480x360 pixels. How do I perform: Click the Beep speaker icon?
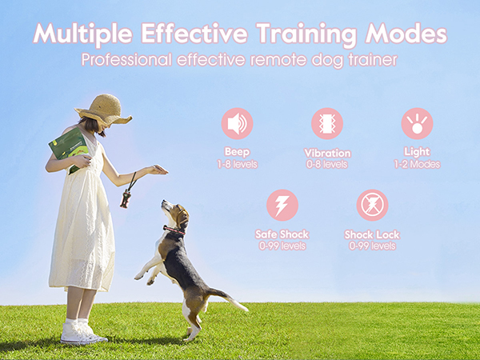point(237,124)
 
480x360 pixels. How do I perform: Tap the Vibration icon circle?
point(326,124)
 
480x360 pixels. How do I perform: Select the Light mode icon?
point(416,124)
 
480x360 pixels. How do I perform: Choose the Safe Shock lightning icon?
point(282,206)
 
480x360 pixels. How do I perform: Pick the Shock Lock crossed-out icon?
point(372,206)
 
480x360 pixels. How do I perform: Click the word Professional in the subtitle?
point(127,61)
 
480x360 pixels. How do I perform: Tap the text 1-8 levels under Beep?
point(237,163)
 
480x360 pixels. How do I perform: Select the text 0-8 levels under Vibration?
point(326,164)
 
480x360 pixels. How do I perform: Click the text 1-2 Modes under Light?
point(416,164)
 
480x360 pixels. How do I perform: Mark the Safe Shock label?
point(282,234)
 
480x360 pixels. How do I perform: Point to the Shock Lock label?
point(372,234)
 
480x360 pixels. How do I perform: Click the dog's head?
point(175,214)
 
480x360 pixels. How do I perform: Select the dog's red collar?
point(172,229)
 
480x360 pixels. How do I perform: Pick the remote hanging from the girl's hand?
point(126,199)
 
